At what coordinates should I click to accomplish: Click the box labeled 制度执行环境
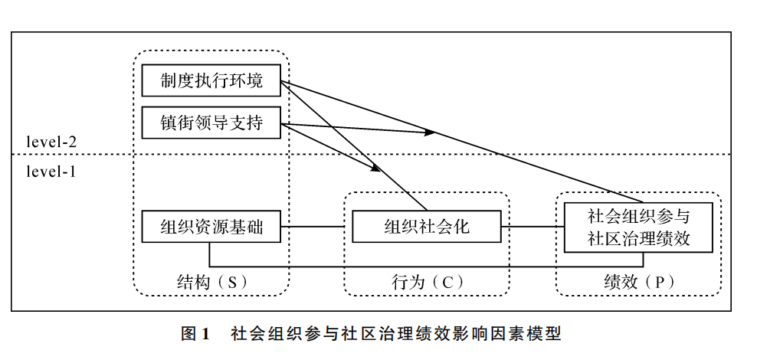point(211,80)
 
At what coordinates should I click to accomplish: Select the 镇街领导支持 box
point(211,123)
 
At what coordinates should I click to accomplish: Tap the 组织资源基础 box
point(211,226)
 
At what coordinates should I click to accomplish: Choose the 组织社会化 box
point(426,226)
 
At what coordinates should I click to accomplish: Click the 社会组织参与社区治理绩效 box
point(638,227)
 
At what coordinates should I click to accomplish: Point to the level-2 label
point(51,142)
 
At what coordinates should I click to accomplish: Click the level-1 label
point(51,171)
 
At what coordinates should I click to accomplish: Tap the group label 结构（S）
point(210,281)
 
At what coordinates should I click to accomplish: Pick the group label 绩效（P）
point(638,281)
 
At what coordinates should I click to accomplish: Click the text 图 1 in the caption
point(195,333)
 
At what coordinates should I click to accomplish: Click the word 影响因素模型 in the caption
point(521,333)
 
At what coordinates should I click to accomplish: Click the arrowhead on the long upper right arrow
point(430,133)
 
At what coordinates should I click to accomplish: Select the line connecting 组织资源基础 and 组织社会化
point(315,226)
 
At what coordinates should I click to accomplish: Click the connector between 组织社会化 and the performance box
point(532,226)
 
